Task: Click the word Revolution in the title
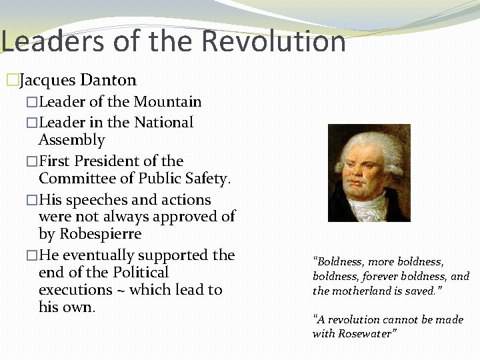point(273,41)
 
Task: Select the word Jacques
point(47,81)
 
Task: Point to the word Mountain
point(167,102)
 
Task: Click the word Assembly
point(72,140)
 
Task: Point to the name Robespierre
point(100,234)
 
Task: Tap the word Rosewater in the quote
point(367,333)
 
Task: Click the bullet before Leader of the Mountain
point(32,103)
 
